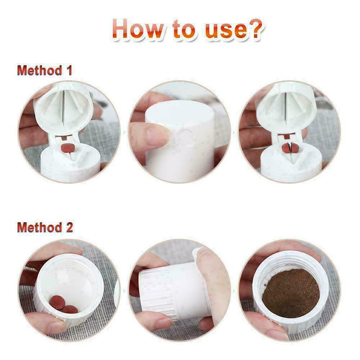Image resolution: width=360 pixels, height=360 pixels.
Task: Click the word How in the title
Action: click(x=137, y=29)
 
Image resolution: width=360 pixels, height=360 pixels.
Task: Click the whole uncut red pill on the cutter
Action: click(x=67, y=147)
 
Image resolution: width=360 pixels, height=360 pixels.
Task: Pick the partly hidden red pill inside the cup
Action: click(x=70, y=309)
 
